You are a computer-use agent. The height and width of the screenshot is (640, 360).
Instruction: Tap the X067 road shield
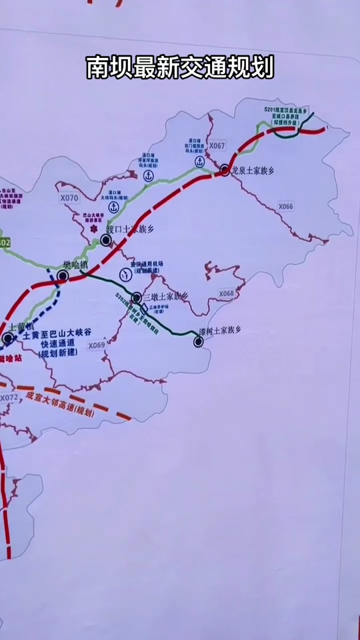[217, 145]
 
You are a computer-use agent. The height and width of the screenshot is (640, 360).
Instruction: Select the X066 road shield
[285, 207]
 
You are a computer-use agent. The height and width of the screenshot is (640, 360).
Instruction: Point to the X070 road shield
[69, 198]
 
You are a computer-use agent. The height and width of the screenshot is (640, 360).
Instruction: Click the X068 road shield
[227, 293]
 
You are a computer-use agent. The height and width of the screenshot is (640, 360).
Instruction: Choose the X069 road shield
[96, 345]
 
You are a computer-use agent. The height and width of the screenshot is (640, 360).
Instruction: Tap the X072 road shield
[9, 398]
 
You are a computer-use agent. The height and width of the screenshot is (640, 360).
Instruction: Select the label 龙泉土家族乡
[253, 171]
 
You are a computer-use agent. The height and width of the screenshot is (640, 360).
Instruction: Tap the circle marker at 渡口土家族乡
[106, 239]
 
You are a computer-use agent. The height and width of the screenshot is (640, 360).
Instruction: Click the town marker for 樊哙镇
[63, 275]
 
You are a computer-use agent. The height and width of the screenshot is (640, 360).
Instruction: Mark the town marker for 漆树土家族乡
[198, 342]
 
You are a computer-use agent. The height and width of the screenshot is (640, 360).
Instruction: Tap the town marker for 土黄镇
[7, 339]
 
